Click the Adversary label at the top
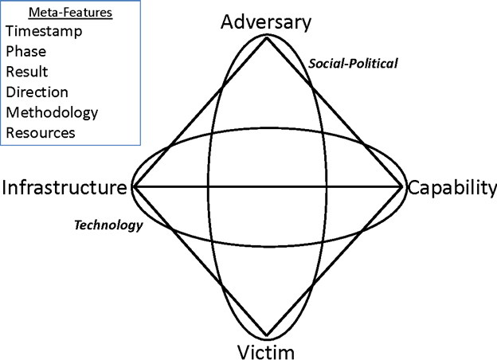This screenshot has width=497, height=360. coord(266,23)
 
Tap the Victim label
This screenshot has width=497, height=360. coord(266,352)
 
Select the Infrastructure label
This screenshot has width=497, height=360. coord(65,187)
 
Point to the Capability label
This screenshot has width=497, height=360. coord(452,188)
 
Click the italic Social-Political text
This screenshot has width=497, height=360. coord(353,64)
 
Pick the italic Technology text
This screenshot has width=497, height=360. coord(108,225)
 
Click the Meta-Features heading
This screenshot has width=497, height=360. coord(70,13)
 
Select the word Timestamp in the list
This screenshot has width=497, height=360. coord(44,31)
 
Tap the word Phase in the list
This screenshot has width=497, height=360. coord(26,51)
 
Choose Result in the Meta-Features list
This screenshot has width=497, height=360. coord(27,72)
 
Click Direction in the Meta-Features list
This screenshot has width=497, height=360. coord(37,92)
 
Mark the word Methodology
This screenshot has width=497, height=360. coord(52,113)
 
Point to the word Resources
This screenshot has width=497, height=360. coord(41,133)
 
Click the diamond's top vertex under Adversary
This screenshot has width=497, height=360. coord(267,37)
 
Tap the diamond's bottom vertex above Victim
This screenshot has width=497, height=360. coord(267,335)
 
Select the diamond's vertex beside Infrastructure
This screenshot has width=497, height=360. coord(133,187)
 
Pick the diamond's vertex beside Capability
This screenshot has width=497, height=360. coord(401,187)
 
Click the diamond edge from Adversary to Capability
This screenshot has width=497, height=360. coord(334,112)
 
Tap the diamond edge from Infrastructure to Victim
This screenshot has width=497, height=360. coord(200,261)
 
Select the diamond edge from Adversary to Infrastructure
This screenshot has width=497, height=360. coord(200,112)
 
